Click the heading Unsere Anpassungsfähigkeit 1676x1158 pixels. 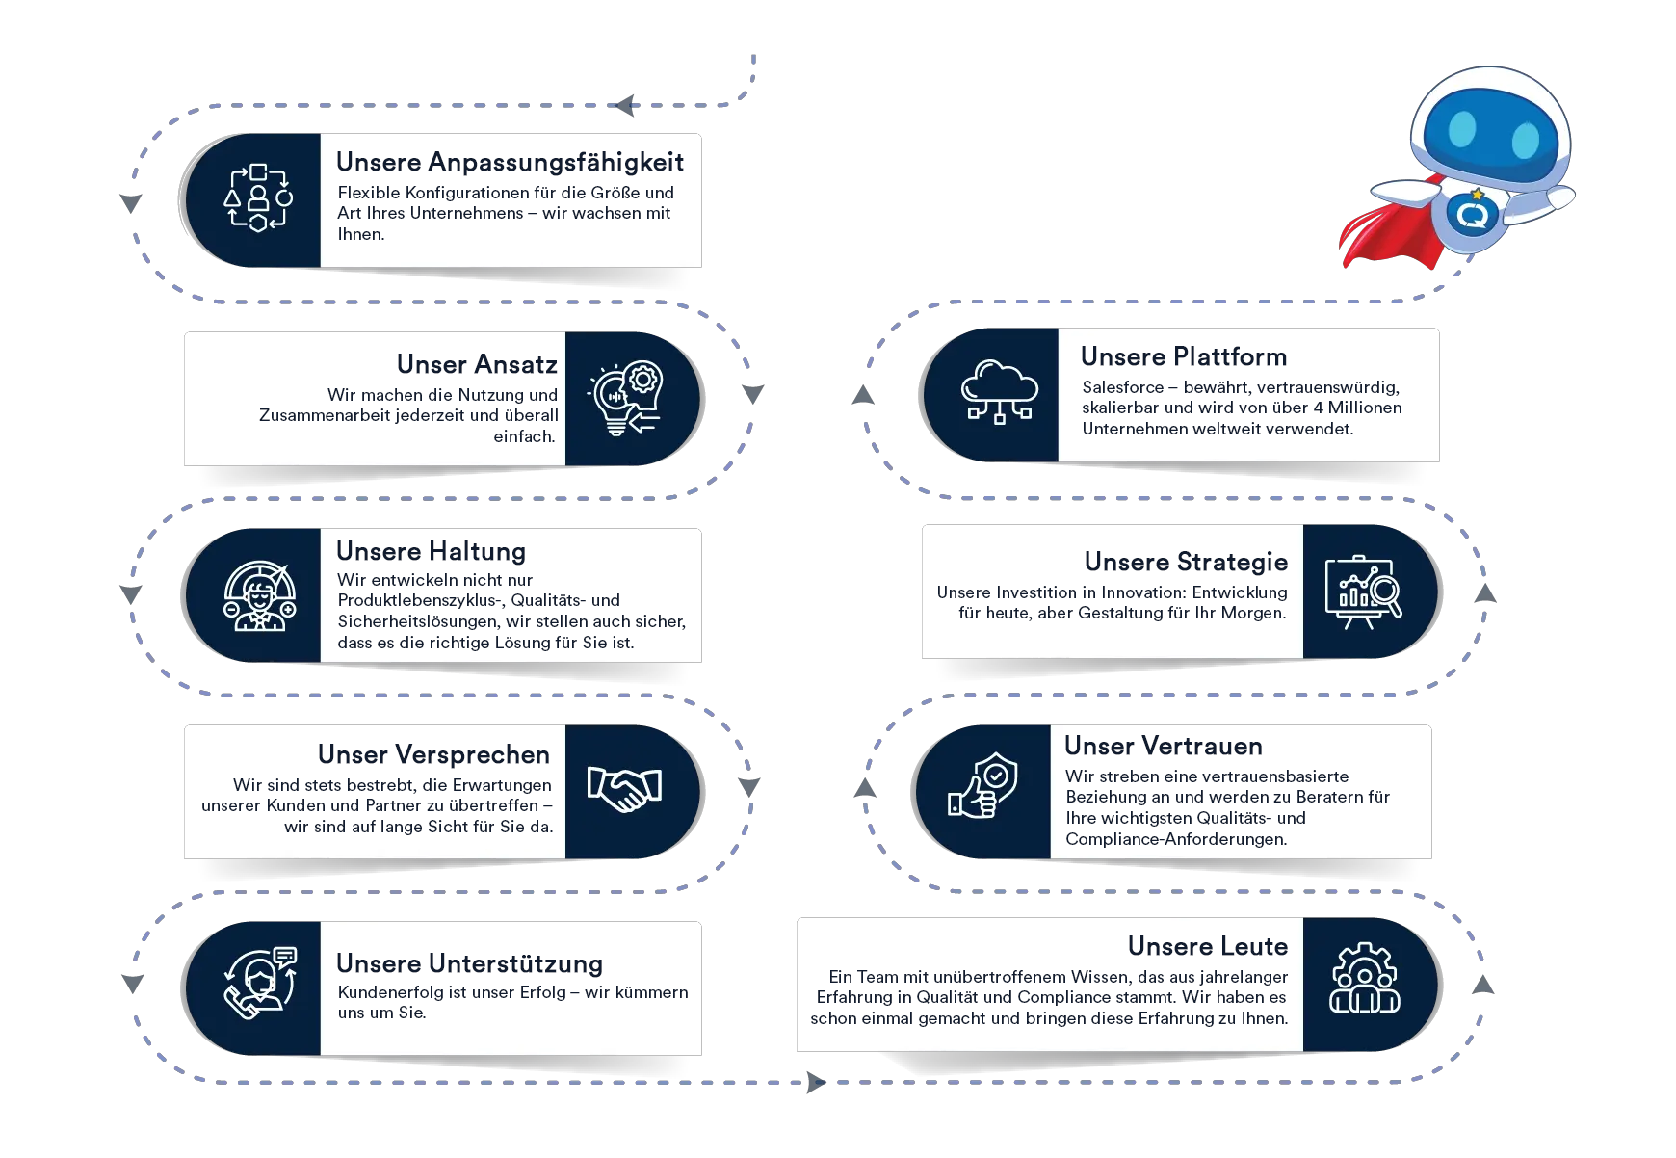pos(510,162)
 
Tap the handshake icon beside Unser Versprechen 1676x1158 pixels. pos(624,788)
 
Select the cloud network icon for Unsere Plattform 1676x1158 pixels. pos(999,393)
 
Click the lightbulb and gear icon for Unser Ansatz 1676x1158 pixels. pos(626,398)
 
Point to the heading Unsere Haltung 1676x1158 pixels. pos(431,551)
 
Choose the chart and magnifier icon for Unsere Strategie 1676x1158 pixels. pos(1363,592)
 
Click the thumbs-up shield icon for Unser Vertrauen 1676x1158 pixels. pos(983,786)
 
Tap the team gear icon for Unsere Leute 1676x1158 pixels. pos(1364,979)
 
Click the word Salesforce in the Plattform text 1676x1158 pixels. pos(1122,387)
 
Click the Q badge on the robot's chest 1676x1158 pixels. pos(1471,214)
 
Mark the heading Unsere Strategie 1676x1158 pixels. pos(1186,562)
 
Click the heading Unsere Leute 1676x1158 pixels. pos(1207,946)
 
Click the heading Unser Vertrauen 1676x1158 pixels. pos(1163,746)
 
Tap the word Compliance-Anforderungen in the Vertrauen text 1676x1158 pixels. pos(1175,839)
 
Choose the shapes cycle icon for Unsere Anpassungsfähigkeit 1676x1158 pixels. pos(258,198)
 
